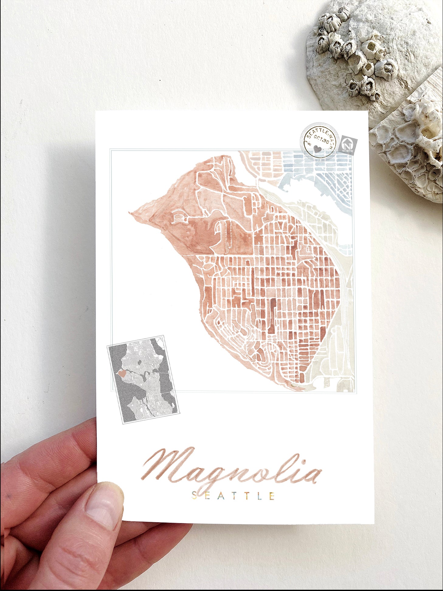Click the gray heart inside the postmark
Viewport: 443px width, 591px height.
pyautogui.click(x=317, y=149)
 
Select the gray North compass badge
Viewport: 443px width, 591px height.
pyautogui.click(x=348, y=145)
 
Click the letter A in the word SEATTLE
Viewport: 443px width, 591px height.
pyautogui.click(x=221, y=496)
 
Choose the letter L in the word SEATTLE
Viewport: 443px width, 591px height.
pyautogui.click(x=258, y=496)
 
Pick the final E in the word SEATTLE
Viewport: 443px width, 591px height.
pyautogui.click(x=272, y=496)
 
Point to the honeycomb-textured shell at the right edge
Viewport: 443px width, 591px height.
pyautogui.click(x=410, y=137)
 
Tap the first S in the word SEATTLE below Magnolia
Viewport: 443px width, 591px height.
pyautogui.click(x=195, y=496)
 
